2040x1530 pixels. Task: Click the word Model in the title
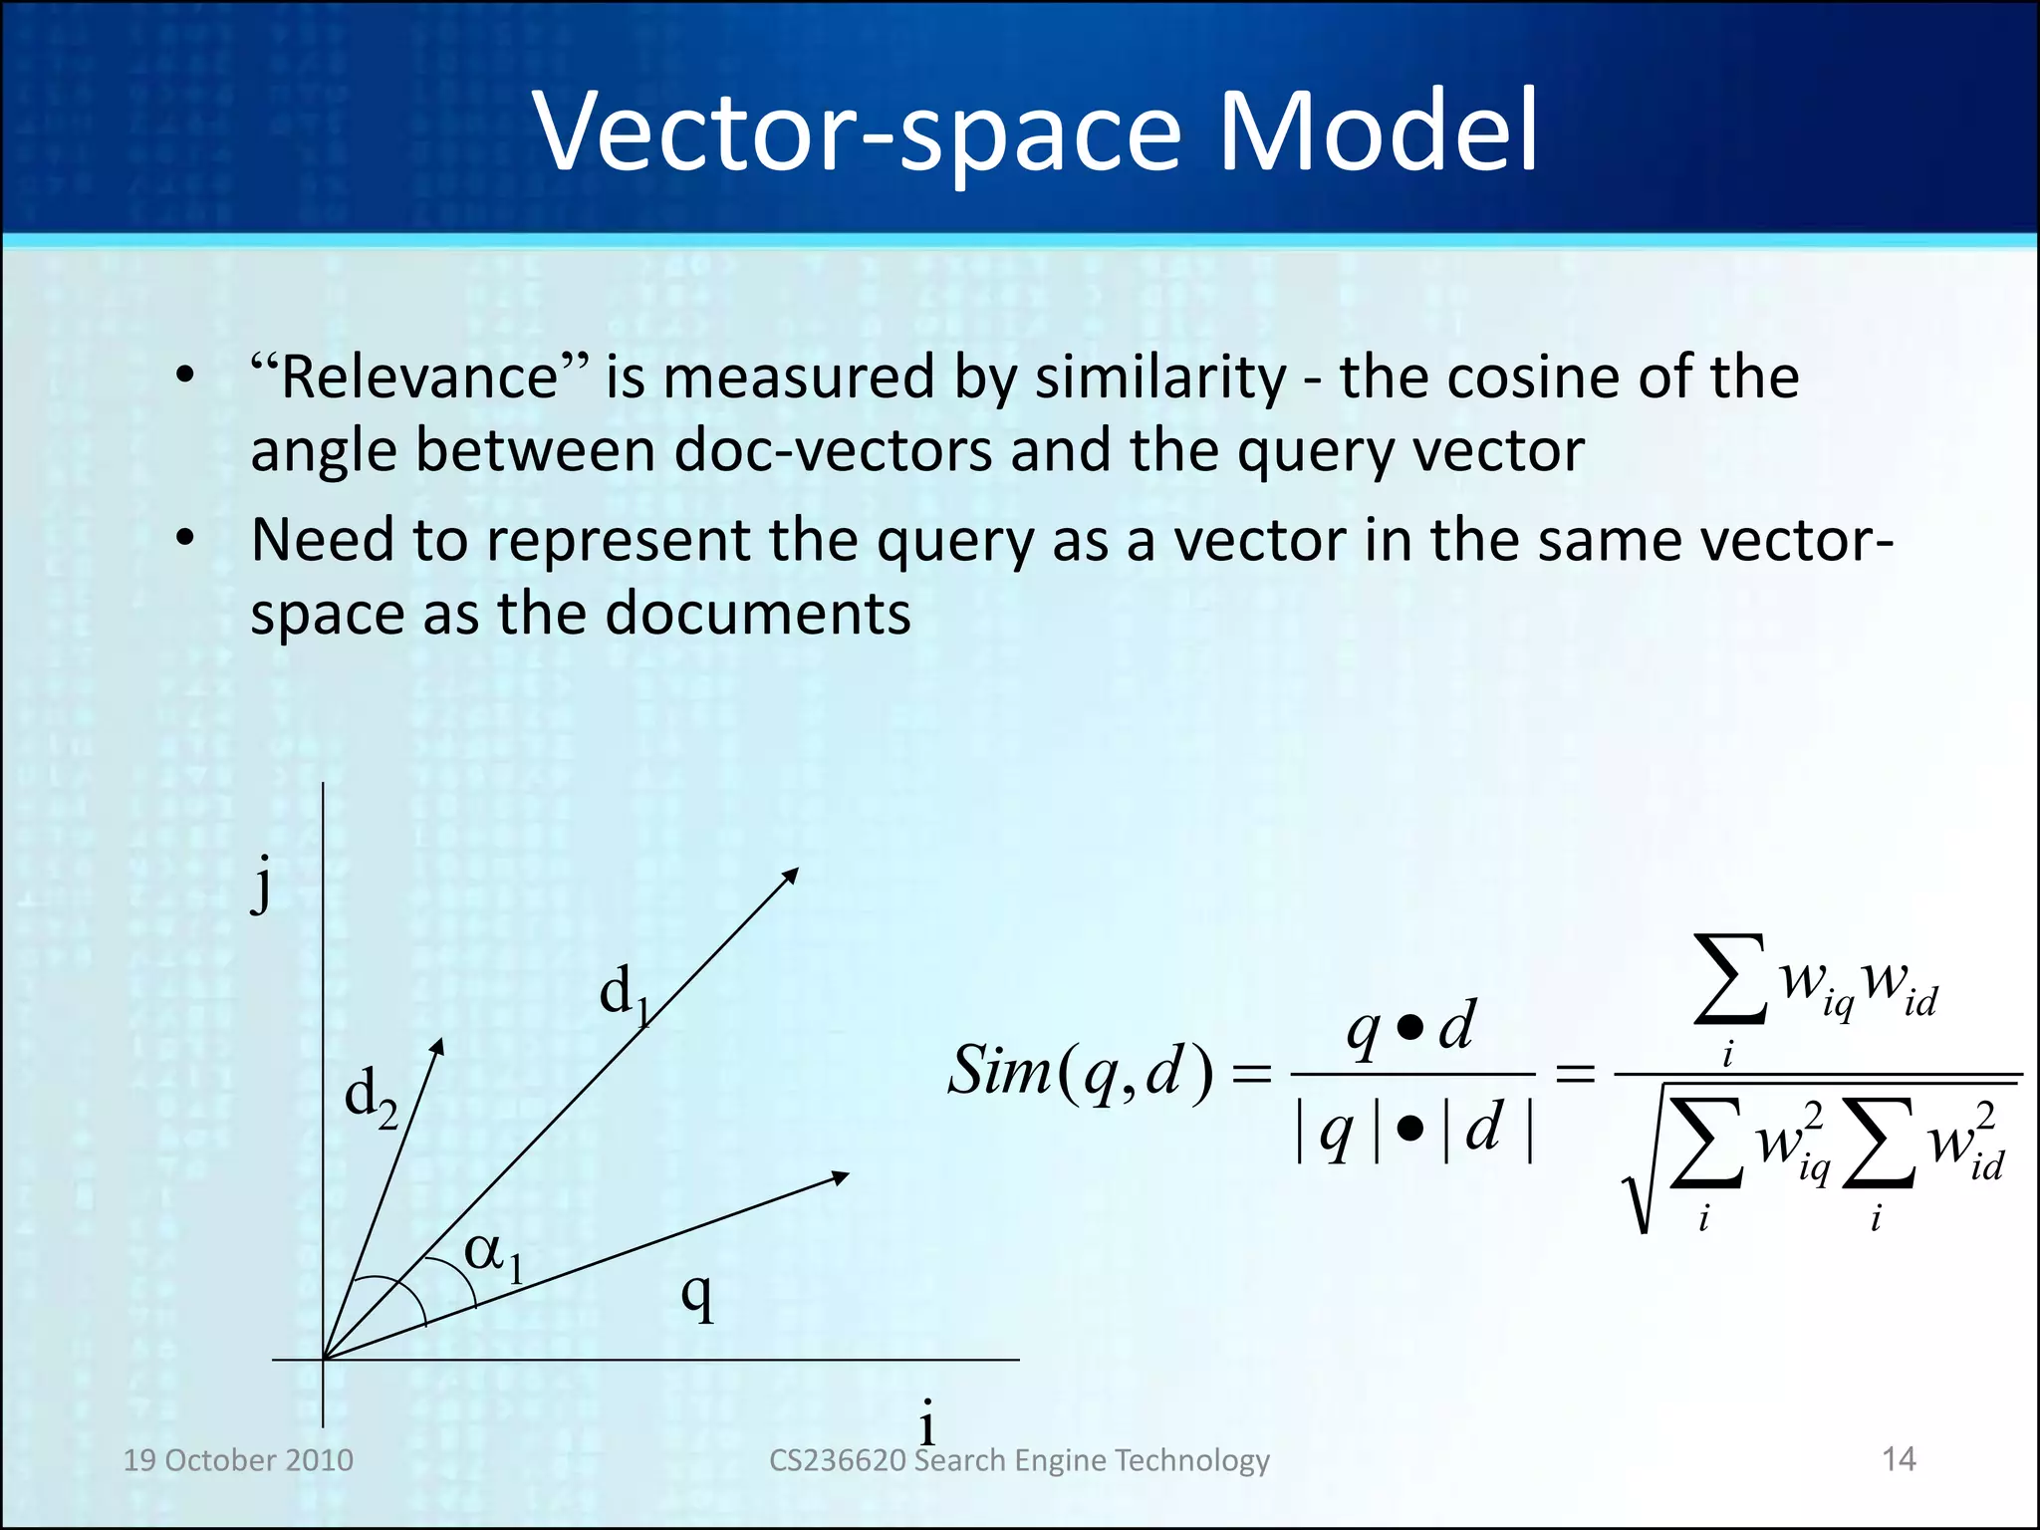1378,131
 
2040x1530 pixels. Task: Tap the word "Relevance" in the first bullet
419,378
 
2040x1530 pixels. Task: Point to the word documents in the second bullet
757,614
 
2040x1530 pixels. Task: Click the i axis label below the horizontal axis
927,1422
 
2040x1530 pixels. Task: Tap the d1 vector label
625,994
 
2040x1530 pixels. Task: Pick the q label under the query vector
698,1296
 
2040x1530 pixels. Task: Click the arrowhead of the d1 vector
791,875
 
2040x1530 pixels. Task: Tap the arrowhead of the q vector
841,1177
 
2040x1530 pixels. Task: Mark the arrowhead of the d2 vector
438,1046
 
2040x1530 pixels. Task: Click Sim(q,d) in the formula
1080,1073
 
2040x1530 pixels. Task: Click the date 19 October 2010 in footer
238,1460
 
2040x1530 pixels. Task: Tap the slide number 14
1899,1459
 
